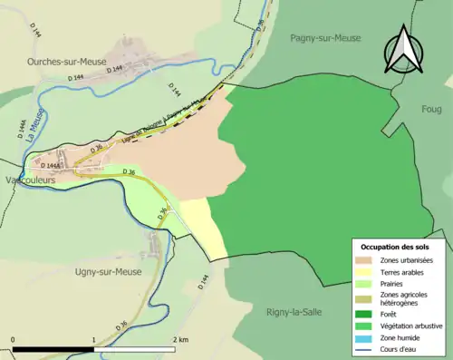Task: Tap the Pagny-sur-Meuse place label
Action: (325, 37)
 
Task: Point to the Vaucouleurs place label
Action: (30, 180)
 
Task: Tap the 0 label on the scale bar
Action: (14, 339)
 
